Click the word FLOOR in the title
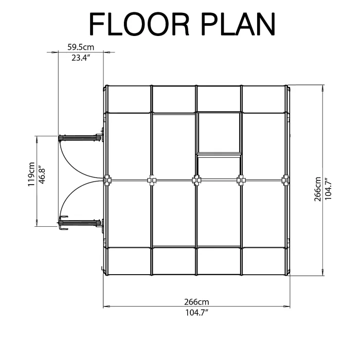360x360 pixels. point(139,24)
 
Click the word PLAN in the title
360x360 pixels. point(238,24)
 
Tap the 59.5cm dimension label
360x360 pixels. point(81,47)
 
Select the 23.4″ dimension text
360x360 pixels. point(80,58)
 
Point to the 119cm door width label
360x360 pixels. point(31,174)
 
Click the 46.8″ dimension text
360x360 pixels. point(42,174)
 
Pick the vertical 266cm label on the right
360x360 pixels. point(318,189)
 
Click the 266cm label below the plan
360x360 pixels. point(196,302)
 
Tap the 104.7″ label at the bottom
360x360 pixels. point(197,313)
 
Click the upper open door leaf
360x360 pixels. point(80,138)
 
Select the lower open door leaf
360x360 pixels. point(80,223)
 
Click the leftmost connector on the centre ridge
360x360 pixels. point(107,180)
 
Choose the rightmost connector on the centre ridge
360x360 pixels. point(285,180)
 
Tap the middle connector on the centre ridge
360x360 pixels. point(196,180)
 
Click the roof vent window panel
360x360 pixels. point(219,133)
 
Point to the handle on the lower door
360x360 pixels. point(63,222)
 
